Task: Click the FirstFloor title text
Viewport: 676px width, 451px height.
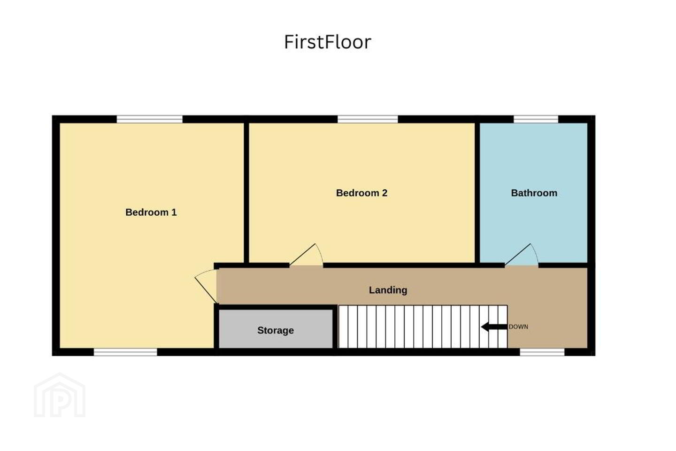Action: (328, 42)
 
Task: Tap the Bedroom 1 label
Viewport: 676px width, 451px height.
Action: (151, 212)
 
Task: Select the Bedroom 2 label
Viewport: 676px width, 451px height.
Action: (361, 193)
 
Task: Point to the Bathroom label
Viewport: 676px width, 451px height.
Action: (534, 193)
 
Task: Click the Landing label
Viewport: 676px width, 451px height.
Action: (388, 290)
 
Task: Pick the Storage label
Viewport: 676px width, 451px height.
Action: (276, 330)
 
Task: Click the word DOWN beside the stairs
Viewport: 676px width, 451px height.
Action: (518, 327)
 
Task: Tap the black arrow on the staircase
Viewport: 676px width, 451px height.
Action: (494, 327)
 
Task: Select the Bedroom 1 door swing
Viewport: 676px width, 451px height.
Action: (206, 286)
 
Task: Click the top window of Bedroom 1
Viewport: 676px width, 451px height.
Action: (150, 119)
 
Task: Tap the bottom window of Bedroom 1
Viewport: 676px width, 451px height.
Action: (125, 352)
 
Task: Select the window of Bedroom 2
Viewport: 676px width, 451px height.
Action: (368, 119)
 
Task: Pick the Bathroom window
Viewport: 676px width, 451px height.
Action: (536, 119)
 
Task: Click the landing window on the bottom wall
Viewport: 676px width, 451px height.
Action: (542, 352)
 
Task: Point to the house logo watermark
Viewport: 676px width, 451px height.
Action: (60, 395)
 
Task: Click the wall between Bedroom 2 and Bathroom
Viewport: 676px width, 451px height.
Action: (477, 193)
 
